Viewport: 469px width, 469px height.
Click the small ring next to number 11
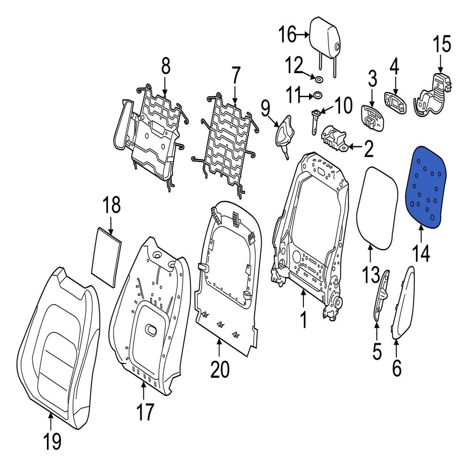pos(318,96)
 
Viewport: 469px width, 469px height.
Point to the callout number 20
pos(219,369)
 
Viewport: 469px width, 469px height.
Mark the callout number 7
pos(234,76)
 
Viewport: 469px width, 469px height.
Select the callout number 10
pos(343,106)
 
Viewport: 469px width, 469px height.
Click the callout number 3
pos(372,79)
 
